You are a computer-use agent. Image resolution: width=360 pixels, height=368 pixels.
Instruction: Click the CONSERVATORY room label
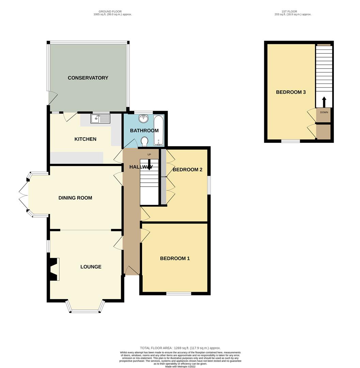point(88,78)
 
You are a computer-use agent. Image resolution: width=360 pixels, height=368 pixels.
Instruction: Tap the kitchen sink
point(100,119)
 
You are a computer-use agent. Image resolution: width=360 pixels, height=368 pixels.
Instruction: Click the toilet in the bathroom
point(145,141)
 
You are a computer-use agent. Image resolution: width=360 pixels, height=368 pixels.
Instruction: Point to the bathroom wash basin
point(144,119)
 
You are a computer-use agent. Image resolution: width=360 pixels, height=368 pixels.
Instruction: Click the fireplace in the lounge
point(53,269)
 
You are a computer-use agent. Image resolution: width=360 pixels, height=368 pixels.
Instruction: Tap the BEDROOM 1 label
point(175,258)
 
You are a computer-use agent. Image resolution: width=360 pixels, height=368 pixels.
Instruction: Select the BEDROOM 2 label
point(188,170)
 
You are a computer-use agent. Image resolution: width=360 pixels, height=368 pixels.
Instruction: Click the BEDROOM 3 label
point(291,92)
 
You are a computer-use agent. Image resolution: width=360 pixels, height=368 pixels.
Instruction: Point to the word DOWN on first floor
point(324,112)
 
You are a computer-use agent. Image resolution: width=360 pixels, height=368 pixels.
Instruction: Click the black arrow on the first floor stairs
point(324,102)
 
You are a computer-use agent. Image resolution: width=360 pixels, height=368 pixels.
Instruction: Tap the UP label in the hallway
point(149,155)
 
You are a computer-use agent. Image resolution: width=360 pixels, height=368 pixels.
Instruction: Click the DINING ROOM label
point(75,198)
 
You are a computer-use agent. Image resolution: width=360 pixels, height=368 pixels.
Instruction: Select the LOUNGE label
point(91,266)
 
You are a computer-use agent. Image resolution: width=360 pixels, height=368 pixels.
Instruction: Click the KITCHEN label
point(85,139)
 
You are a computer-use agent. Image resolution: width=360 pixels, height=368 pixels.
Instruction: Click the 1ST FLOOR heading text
point(293,12)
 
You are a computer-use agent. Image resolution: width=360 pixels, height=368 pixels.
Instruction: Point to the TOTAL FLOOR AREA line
point(180,348)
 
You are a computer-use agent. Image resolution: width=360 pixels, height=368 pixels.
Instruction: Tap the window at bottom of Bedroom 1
point(178,293)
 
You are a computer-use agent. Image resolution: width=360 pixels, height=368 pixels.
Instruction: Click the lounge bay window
point(85,310)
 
